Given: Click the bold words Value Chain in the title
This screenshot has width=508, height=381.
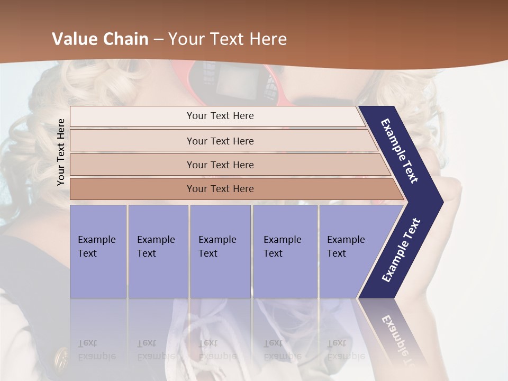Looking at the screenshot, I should click(x=100, y=39).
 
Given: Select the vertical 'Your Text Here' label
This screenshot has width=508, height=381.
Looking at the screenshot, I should click(x=61, y=152).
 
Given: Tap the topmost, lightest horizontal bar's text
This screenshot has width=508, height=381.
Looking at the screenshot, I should click(x=220, y=116).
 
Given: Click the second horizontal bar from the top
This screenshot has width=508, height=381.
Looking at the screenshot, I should click(x=220, y=141).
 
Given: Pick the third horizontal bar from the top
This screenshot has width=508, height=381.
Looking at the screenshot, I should click(x=220, y=165).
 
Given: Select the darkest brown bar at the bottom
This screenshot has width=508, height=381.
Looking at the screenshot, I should click(x=220, y=189).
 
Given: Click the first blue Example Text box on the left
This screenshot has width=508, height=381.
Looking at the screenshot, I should click(x=98, y=251).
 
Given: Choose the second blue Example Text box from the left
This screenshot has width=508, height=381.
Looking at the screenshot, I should click(x=158, y=251).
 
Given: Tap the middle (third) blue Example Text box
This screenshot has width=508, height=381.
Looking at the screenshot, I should click(x=220, y=251).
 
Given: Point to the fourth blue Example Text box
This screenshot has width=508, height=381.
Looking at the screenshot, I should click(x=285, y=251).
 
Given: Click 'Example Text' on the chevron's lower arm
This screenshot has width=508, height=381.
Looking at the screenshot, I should click(x=401, y=250).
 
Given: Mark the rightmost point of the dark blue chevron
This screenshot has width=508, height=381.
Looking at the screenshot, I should click(x=442, y=202).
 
